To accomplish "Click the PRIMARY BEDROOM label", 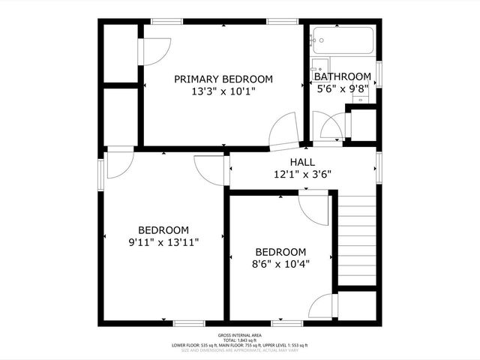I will (x=223, y=79).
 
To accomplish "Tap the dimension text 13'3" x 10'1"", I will (x=223, y=92).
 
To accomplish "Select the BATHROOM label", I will (x=342, y=76).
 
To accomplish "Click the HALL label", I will (x=302, y=162).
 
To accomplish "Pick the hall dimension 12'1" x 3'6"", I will (x=302, y=174).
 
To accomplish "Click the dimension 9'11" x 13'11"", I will (x=163, y=242).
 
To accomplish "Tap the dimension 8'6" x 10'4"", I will (x=280, y=263).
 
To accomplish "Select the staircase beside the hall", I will (x=356, y=240).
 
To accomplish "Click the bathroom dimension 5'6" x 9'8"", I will (x=342, y=88).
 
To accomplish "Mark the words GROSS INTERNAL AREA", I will (x=239, y=335).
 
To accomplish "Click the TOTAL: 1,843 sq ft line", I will (x=239, y=340).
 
